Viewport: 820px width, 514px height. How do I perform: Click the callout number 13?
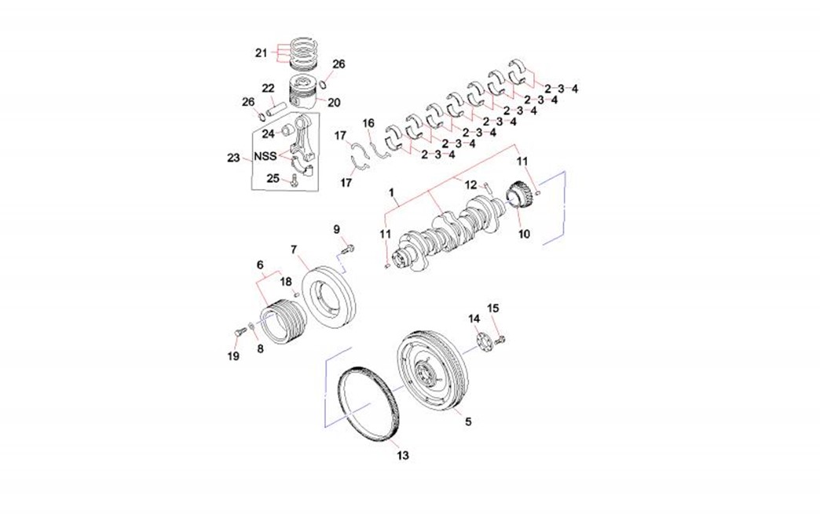pos(402,455)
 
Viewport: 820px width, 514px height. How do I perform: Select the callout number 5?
pos(468,421)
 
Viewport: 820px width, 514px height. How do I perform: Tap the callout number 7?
pos(294,250)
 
